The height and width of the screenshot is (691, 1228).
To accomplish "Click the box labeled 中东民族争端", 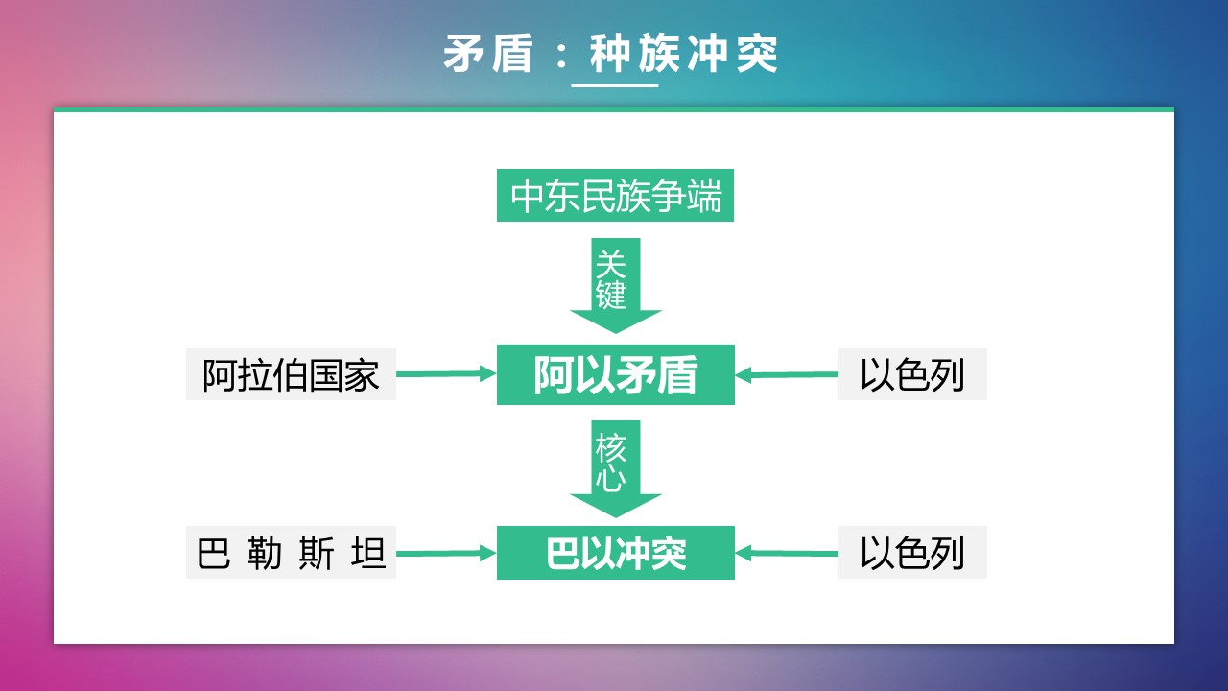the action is point(615,195).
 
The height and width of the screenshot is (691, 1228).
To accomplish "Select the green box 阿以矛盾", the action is point(616,374).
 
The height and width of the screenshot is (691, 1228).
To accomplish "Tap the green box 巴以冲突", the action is point(616,552).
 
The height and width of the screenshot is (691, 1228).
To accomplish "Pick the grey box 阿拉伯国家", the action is point(291,374).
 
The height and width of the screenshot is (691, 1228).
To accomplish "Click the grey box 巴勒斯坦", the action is point(291,552).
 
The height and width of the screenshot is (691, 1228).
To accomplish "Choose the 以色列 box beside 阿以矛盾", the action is point(912,374).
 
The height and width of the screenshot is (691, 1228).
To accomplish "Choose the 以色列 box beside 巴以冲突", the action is point(912,552).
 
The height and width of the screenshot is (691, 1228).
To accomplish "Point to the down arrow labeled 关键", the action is point(616,285).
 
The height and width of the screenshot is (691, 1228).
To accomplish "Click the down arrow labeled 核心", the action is point(616,469).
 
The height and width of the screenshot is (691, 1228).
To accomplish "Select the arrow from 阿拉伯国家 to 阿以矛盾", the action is point(446,374).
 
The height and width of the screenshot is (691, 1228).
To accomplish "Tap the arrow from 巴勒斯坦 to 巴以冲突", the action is point(446,553).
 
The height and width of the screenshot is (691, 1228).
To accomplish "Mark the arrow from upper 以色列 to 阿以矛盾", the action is point(787,374).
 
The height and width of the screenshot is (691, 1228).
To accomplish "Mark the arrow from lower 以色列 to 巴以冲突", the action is point(787,553).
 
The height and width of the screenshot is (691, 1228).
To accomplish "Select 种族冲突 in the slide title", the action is point(684,53).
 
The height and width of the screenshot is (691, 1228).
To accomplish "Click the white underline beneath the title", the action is point(615,85).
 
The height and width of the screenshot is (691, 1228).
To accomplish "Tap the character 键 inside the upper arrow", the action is point(611,295).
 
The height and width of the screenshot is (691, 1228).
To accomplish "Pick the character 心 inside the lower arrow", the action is point(611,479).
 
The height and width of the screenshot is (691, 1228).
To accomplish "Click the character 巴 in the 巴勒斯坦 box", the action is point(213,553).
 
